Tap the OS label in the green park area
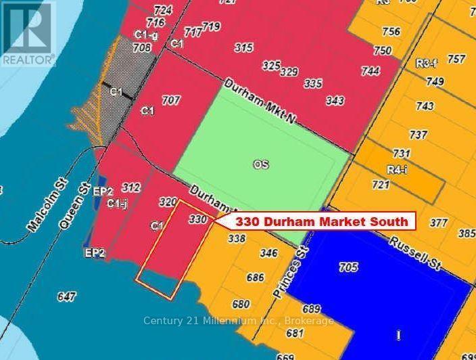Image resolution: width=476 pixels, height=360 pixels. click(x=261, y=164)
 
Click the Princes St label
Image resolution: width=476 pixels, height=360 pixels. click(x=288, y=267)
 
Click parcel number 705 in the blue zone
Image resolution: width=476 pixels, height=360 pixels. click(x=348, y=268)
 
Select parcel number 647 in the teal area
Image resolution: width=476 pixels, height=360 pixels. click(x=67, y=296)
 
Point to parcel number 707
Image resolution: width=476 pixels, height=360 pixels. click(x=171, y=100)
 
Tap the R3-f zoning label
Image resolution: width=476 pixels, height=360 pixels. click(x=425, y=64)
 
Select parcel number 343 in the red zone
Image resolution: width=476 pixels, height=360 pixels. click(x=335, y=101)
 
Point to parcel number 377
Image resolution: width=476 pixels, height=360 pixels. click(x=439, y=222)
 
